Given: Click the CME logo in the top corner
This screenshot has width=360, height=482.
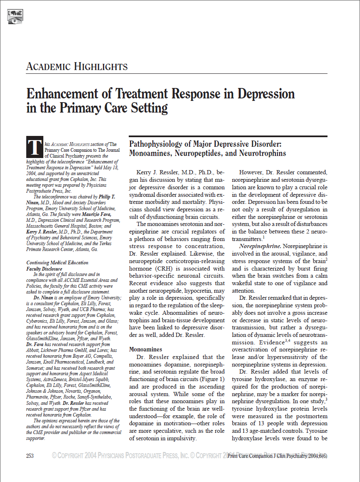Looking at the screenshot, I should pyautogui.click(x=15, y=16).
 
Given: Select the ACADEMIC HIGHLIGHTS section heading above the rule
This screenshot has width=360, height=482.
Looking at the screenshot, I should pyautogui.click(x=77, y=66).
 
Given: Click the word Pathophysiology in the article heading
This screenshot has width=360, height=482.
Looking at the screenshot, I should pyautogui.click(x=160, y=144).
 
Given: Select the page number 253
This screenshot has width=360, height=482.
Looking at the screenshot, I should pyautogui.click(x=30, y=456).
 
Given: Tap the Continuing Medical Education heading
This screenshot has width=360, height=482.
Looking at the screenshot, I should pyautogui.click(x=57, y=263).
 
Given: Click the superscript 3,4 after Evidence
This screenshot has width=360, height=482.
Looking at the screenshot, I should pyautogui.click(x=287, y=340).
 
